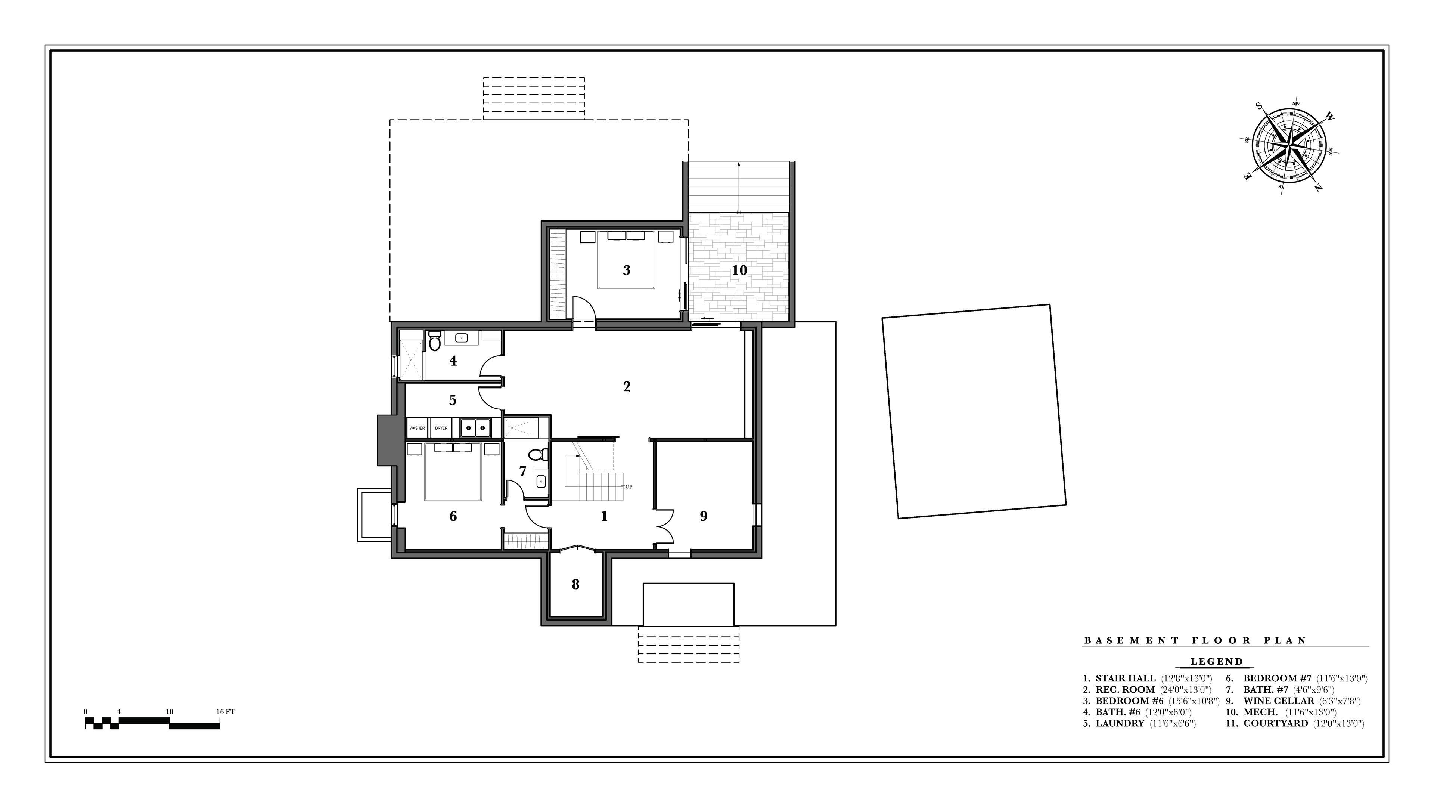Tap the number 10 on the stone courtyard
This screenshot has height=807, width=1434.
pos(739,270)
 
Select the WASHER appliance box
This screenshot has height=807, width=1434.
pos(417,428)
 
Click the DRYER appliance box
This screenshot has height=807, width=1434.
pos(441,428)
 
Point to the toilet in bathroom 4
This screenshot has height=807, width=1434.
pos(435,340)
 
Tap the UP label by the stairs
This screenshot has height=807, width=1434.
pos(628,487)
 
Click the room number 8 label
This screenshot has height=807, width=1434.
pos(575,584)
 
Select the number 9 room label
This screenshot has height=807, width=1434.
pos(704,516)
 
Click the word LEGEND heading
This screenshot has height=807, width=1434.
pos(1216,662)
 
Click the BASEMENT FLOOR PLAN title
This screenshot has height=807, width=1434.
pos(1195,640)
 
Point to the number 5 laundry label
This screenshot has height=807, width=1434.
pos(453,400)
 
